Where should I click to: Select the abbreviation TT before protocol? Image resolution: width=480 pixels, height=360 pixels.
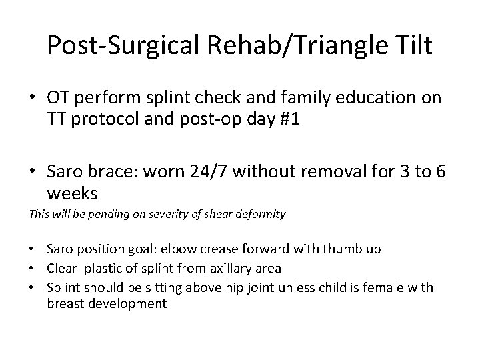coord(57,120)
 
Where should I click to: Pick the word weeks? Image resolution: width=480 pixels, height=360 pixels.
coord(73,194)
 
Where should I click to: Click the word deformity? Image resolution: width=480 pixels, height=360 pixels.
coord(261,215)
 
